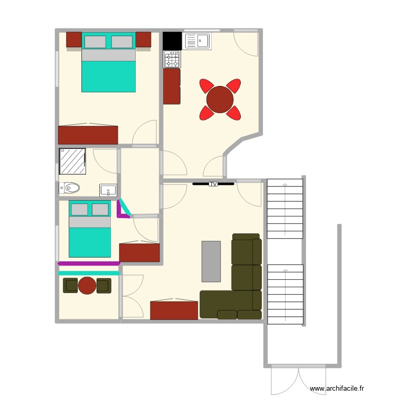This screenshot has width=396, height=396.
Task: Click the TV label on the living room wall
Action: tap(213, 184)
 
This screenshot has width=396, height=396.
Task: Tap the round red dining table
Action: tap(220, 99)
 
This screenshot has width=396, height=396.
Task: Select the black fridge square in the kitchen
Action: tap(172, 41)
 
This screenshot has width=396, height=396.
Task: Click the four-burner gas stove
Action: tap(172, 59)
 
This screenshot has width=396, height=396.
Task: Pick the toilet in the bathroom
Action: tap(70, 187)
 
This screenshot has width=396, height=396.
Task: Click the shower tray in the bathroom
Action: tap(73, 161)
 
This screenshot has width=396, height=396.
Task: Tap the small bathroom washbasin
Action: tap(108, 190)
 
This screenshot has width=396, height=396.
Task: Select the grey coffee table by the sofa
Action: tap(211, 261)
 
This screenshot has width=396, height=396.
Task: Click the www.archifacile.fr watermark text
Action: tap(340, 389)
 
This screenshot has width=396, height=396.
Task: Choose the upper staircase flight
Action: tap(285, 209)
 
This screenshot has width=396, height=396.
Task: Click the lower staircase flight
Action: tap(285, 294)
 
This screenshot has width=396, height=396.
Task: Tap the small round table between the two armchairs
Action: tap(87, 286)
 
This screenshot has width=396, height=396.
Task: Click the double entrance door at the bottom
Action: tap(298, 380)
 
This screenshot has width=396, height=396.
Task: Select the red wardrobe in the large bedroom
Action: tap(88, 135)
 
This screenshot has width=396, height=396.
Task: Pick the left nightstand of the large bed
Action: tap(74, 40)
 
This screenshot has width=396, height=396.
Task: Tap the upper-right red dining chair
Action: tap(233, 86)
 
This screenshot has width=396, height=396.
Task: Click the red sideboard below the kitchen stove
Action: tap(172, 86)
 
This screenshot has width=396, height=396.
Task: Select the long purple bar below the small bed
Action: tap(89, 263)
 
